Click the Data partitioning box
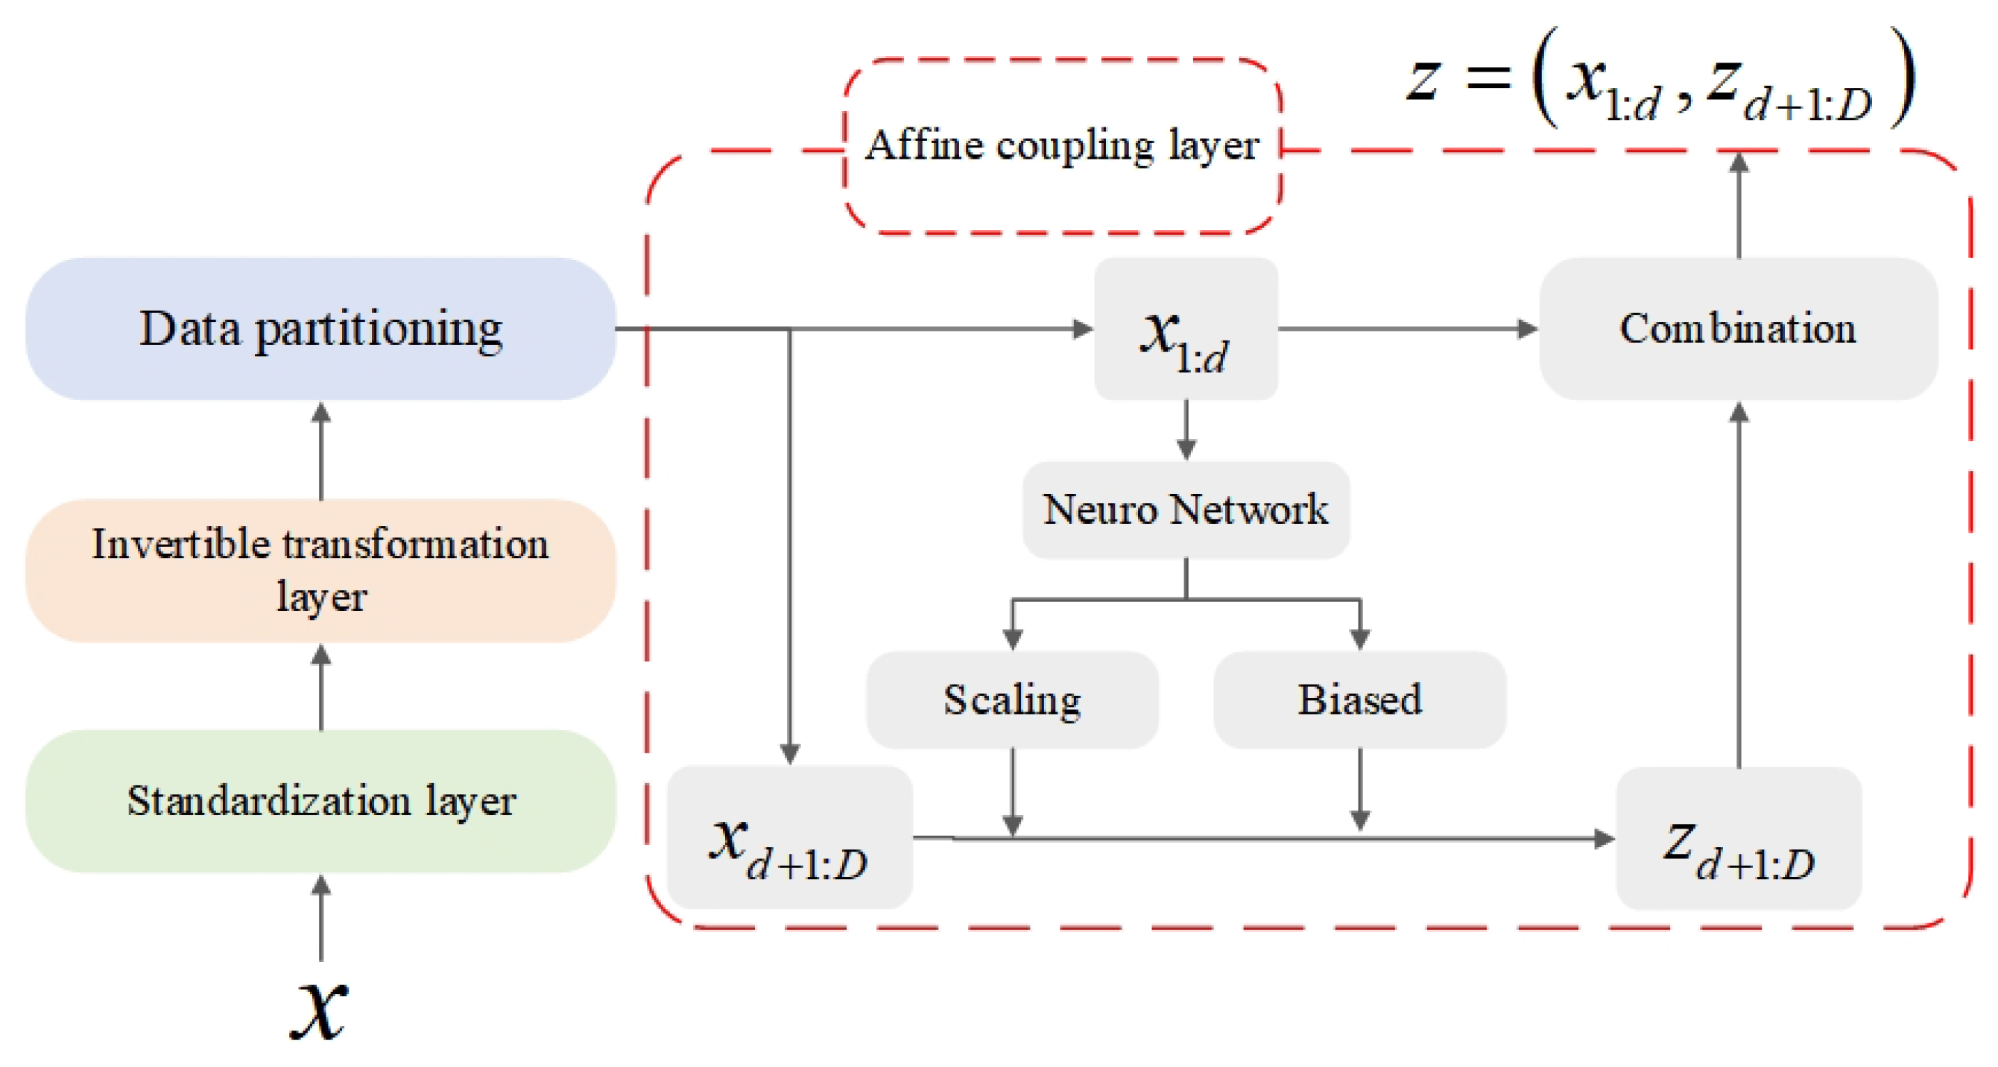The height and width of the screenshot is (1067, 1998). click(320, 329)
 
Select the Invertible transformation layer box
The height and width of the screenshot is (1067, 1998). click(320, 571)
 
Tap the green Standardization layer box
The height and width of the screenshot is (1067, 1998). click(320, 801)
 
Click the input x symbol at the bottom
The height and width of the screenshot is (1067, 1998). click(319, 1010)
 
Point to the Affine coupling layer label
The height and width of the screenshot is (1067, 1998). click(1062, 145)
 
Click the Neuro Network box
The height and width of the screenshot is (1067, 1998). click(1186, 510)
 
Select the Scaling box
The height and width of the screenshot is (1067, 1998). click(1012, 700)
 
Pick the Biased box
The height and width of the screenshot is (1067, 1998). click(1359, 700)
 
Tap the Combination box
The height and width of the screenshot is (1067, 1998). click(1739, 329)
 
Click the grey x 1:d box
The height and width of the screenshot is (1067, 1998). click(1186, 329)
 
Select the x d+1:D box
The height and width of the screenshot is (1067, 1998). click(789, 838)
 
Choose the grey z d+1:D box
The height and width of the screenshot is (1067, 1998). click(1739, 838)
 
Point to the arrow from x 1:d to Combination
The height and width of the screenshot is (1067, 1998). click(1409, 329)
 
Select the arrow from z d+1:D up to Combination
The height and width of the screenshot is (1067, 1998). click(1739, 584)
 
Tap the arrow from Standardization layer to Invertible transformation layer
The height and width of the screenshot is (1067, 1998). click(321, 686)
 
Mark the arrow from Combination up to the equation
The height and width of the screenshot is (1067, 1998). click(1739, 205)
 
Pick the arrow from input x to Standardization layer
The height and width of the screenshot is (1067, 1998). click(321, 918)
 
